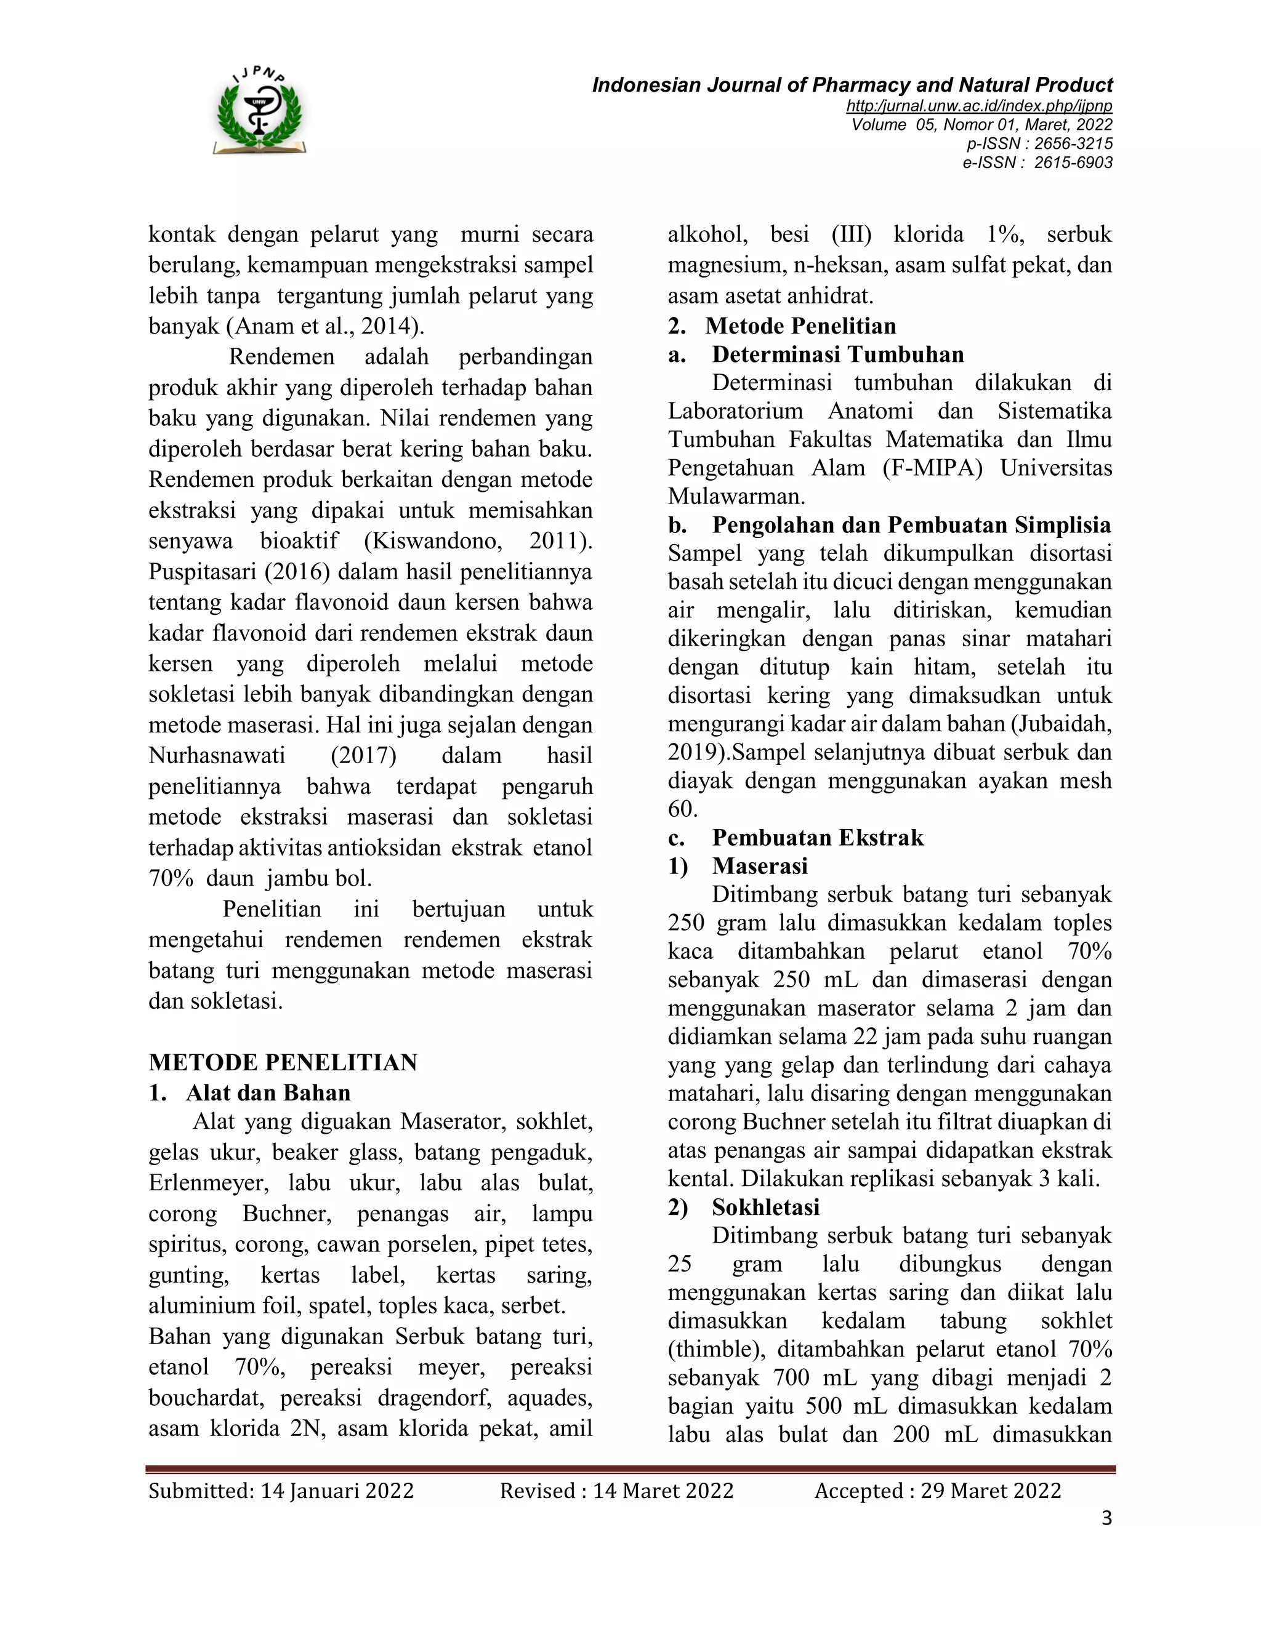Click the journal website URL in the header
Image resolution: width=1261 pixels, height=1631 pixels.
pos(978,105)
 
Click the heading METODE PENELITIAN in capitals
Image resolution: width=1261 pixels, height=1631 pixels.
pos(283,1062)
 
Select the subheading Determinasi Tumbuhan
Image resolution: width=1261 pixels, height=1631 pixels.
pos(837,354)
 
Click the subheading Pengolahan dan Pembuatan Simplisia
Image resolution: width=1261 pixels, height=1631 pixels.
pos(911,525)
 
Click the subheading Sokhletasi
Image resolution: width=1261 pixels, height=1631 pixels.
pos(766,1207)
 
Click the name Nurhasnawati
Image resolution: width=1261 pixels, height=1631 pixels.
pos(217,755)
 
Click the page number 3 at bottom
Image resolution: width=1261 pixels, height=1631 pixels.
pos(1106,1518)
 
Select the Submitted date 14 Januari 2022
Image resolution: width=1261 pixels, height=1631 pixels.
pos(336,1491)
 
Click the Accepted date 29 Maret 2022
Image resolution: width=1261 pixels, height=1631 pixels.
pos(991,1491)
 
